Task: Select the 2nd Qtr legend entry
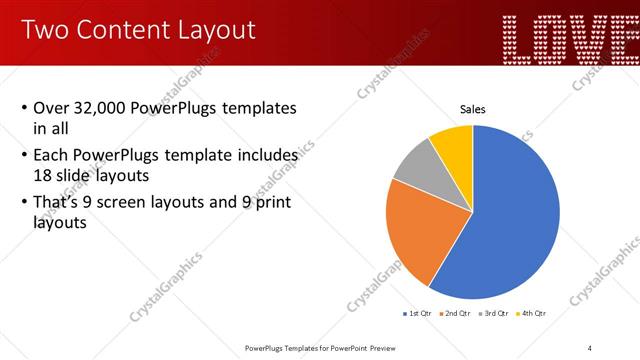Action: click(x=459, y=314)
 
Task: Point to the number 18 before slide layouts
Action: click(x=44, y=174)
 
